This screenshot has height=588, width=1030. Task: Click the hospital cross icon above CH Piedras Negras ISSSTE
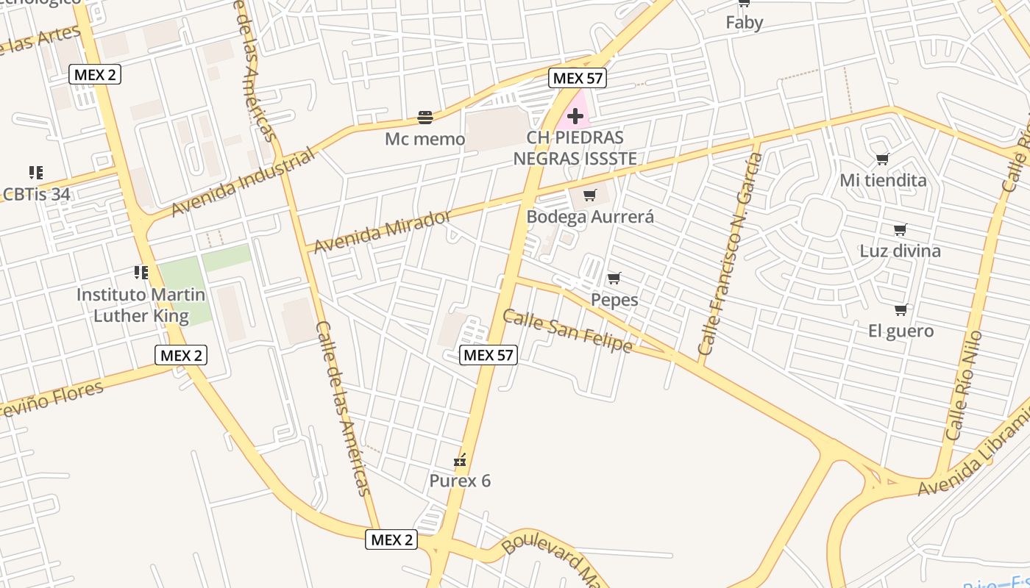pos(575,116)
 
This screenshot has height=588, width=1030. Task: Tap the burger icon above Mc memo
pos(425,117)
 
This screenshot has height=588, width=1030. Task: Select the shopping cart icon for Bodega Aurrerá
pos(589,195)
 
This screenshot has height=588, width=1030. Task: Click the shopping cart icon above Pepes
pos(614,278)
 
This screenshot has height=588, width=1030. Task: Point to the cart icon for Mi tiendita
pos(883,159)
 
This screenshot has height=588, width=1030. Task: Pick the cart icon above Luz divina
pos(900,229)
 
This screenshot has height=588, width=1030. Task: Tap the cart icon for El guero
pos(901,309)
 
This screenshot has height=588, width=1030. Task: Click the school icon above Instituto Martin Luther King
pos(141,273)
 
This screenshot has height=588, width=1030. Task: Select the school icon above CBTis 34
pos(35,173)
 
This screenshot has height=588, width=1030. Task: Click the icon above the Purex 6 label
pos(460,461)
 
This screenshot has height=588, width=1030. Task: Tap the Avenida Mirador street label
pos(383,232)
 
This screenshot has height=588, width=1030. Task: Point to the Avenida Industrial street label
pos(243,182)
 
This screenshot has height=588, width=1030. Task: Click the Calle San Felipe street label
pos(567,331)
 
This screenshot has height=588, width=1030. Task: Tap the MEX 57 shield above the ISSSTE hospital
pos(578,79)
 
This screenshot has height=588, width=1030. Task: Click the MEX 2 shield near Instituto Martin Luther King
pos(181,356)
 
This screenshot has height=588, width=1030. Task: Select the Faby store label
pos(744,22)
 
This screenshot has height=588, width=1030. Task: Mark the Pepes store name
pos(614,300)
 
